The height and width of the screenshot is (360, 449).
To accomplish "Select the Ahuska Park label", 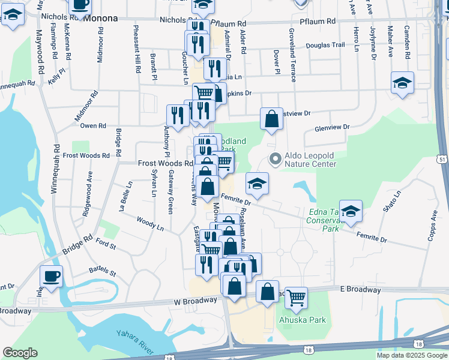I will click(x=303, y=320).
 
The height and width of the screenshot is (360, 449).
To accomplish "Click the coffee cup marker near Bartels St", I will click(x=51, y=277).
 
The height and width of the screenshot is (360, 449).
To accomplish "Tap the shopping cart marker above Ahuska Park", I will click(x=296, y=298).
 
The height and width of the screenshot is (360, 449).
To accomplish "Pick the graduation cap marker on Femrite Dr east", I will click(x=351, y=211).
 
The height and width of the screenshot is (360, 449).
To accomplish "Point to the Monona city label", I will click(x=100, y=18).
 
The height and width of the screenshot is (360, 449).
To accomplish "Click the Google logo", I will click(x=20, y=353).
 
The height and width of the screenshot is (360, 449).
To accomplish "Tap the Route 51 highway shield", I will click(x=442, y=159).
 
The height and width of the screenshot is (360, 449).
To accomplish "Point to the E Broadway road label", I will click(x=360, y=289).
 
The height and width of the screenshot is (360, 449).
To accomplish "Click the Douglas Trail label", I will click(x=325, y=45).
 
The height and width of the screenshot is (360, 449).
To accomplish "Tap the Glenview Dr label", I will click(x=332, y=128).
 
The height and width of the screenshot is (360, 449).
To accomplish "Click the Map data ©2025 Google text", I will click(x=412, y=355).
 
